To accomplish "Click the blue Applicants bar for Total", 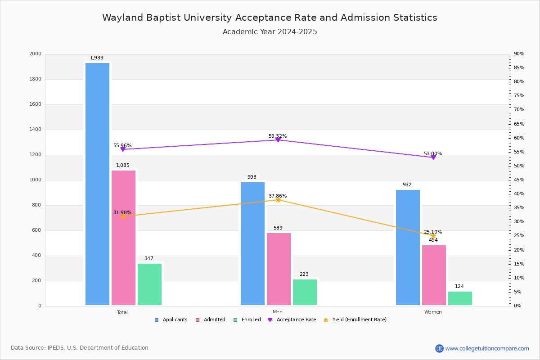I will (x=97, y=184).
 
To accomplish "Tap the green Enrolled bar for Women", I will (x=460, y=298).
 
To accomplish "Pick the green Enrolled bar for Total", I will (x=149, y=284).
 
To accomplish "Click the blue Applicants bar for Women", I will (x=408, y=247).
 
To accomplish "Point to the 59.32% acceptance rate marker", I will (x=278, y=140).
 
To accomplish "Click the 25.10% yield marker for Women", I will (x=433, y=236).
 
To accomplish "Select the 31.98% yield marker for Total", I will (x=123, y=216).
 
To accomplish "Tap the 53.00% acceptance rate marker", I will (x=433, y=157).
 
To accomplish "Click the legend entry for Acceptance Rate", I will (x=292, y=320).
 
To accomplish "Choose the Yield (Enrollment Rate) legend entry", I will (x=355, y=320).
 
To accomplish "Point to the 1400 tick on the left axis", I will (x=35, y=130).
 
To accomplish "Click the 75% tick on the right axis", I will (x=519, y=96).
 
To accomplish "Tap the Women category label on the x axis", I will (x=433, y=312).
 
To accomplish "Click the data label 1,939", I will (x=97, y=58).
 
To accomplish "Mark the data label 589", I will (x=278, y=228).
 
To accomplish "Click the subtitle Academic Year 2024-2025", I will (x=270, y=32).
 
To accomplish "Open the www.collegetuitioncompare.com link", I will (x=487, y=348).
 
